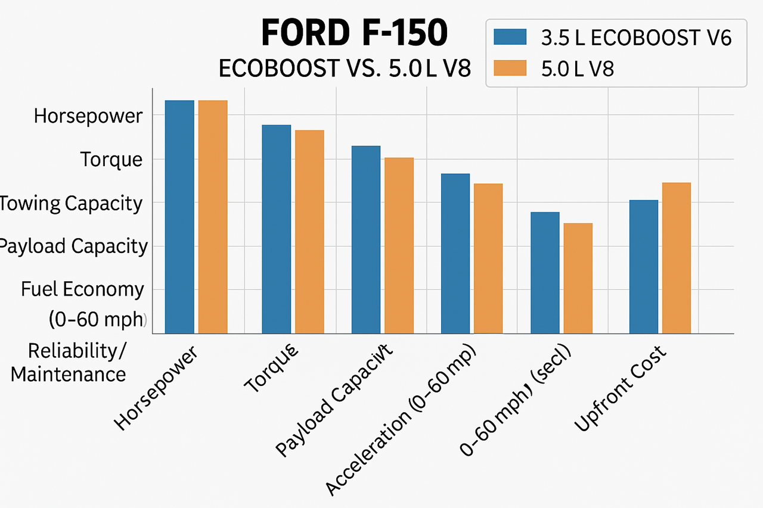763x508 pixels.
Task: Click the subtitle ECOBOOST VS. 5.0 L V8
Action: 345,68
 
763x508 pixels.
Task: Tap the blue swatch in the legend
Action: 511,37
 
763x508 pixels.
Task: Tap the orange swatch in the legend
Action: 511,68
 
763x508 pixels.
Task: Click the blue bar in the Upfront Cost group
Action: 644,266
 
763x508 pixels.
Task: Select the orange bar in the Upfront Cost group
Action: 677,257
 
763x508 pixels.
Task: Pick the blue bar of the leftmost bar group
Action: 179,217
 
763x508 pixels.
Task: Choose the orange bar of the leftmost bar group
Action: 213,217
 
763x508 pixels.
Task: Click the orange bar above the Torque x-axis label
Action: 309,231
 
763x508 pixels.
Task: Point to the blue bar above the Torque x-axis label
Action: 277,229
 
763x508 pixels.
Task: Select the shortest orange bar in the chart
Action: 578,278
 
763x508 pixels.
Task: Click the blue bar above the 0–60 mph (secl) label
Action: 545,272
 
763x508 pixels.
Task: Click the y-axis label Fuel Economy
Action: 82,289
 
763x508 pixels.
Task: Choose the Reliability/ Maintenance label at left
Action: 69,363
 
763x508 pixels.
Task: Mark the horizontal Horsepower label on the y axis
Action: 88,116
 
